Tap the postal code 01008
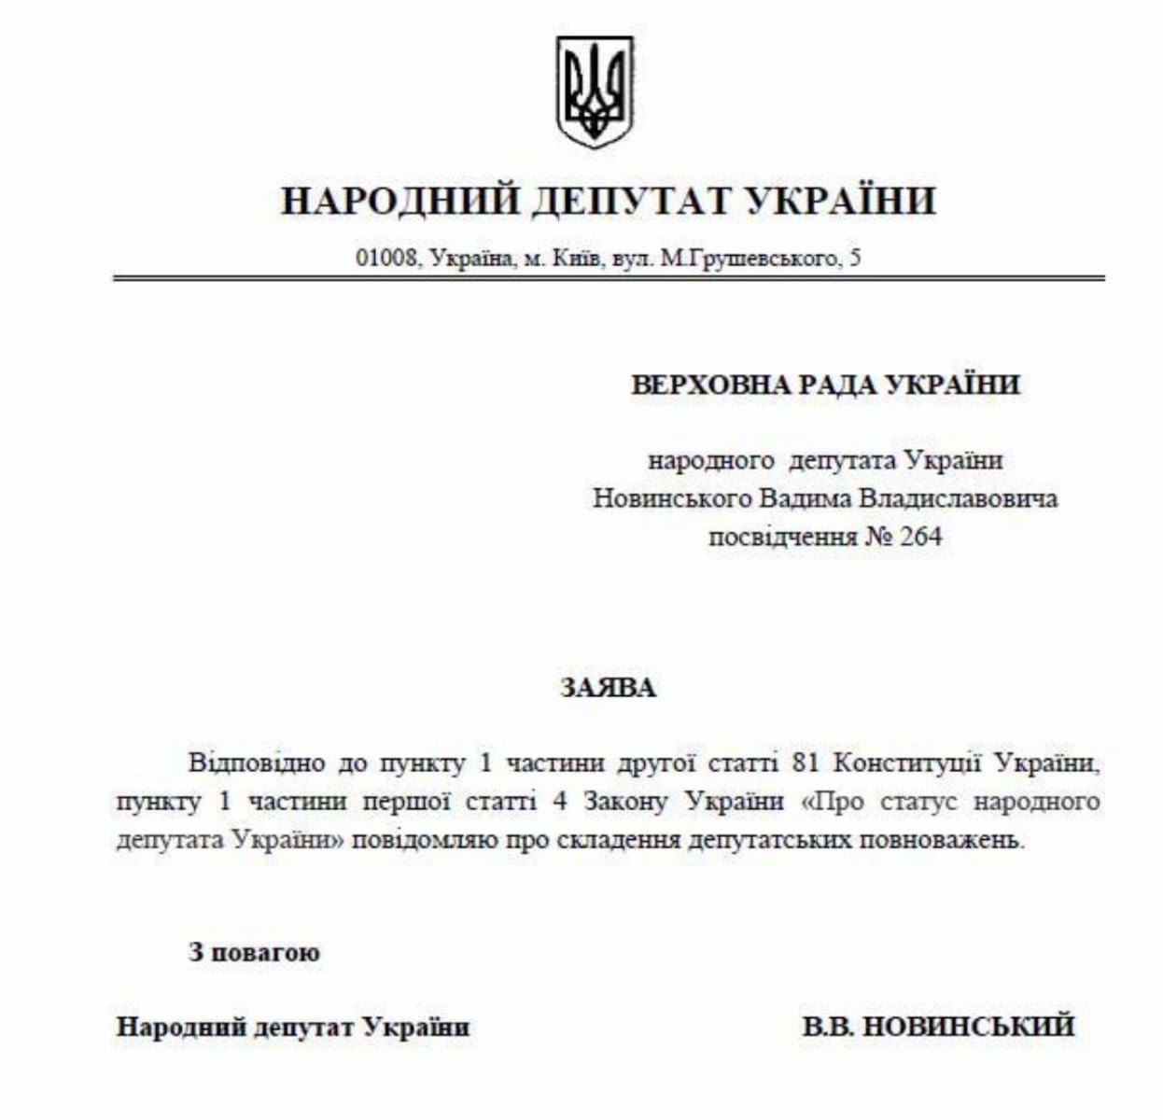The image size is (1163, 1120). point(385,259)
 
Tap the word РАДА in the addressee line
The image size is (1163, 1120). point(839,385)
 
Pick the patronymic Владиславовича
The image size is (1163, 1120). point(958,498)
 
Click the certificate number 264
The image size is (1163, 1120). point(919,538)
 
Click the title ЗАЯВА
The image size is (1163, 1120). point(609,689)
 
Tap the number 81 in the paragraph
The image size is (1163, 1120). point(805,763)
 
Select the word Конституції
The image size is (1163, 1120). point(905,763)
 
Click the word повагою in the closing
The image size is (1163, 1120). point(266,953)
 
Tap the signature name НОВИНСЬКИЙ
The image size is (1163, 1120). point(967,1027)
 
